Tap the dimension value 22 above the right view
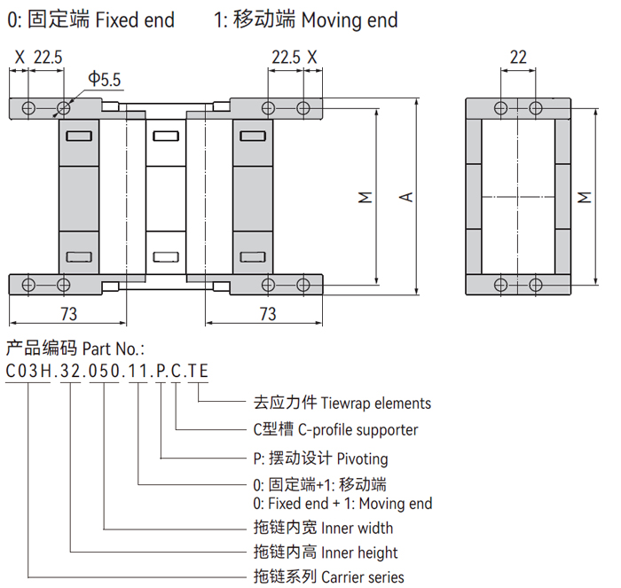(x=519, y=58)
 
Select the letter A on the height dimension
(x=406, y=196)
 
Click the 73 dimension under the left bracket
(x=68, y=314)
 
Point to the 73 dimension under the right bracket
(x=267, y=314)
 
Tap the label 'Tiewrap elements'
(x=376, y=403)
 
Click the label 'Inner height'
(x=359, y=553)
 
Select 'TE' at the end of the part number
(x=200, y=371)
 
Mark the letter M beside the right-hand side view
(x=584, y=196)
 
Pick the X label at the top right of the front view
(x=312, y=58)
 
